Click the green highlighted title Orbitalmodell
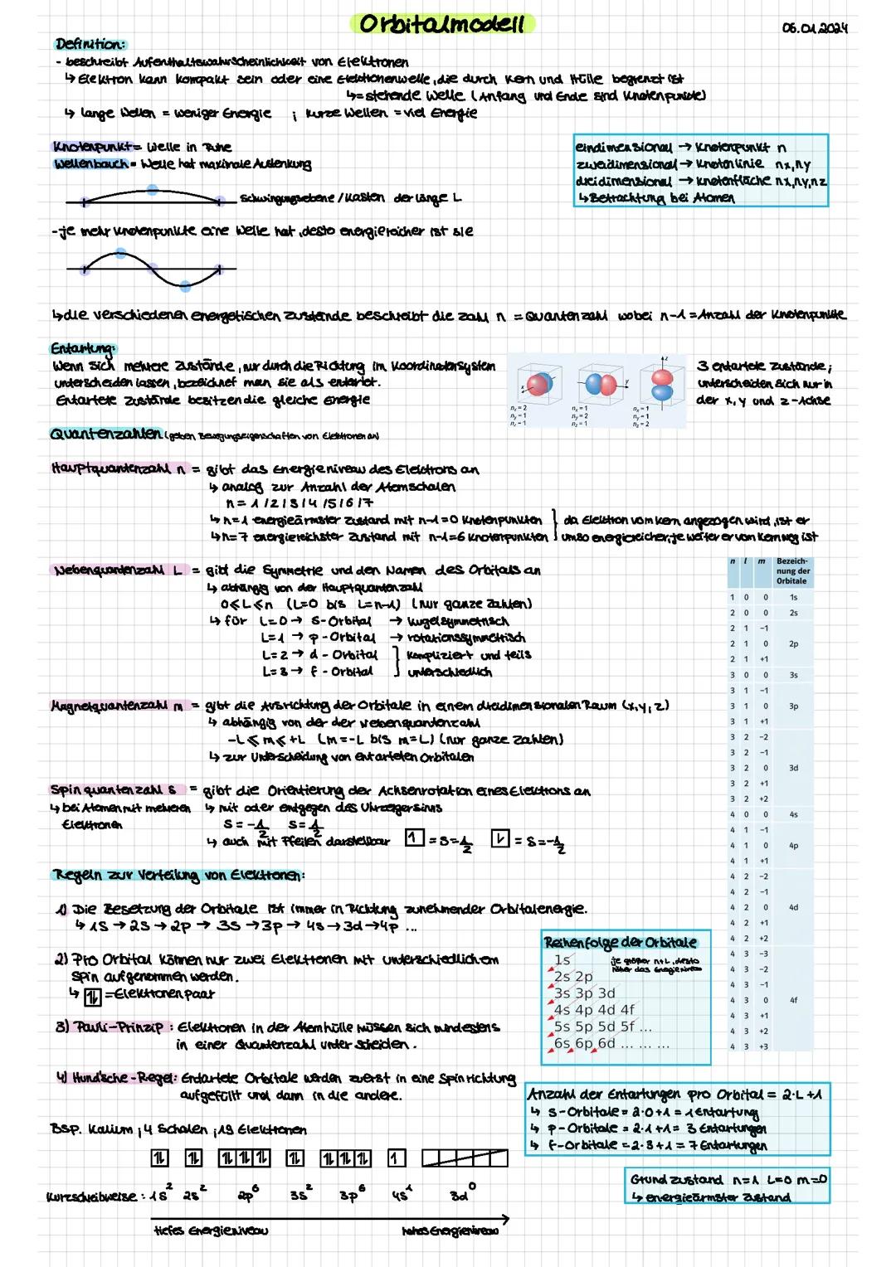point(442,24)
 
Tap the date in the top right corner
point(815,28)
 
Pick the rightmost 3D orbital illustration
point(664,386)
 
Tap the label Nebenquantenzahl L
point(119,570)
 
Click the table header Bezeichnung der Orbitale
point(792,571)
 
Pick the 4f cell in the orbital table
point(792,1000)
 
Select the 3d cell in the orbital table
point(792,768)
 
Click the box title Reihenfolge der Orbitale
point(620,942)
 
